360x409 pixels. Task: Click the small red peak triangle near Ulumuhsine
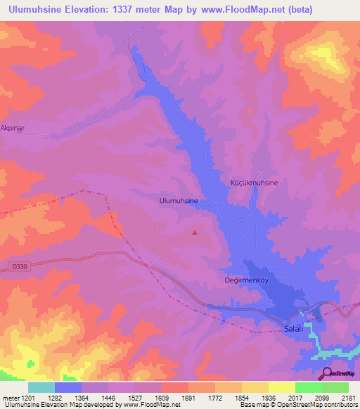tap(195, 232)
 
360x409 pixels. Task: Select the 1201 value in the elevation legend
tap(27, 397)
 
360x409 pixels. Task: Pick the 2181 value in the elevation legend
tap(348, 397)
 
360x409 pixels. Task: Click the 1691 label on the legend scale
tap(188, 397)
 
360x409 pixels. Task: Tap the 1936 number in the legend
tap(269, 397)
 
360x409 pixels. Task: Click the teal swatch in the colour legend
tap(41, 387)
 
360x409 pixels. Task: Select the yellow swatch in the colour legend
tap(281, 387)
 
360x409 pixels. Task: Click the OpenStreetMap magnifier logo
tap(326, 373)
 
